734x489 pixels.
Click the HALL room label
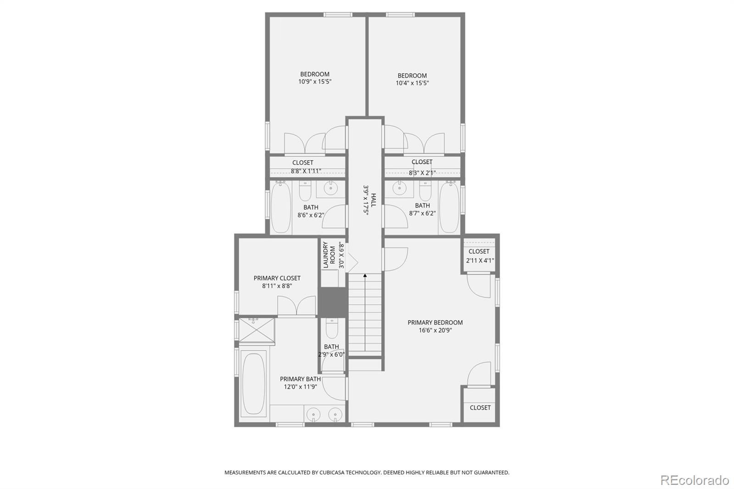click(x=373, y=200)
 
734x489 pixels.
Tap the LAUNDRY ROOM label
click(x=329, y=255)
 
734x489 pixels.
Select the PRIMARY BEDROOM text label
click(x=435, y=322)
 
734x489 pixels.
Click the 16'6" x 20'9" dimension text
click(x=435, y=330)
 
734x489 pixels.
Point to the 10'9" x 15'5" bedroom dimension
click(x=315, y=82)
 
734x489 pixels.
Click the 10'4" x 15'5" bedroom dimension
click(x=412, y=83)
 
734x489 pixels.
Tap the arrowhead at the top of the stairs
click(x=365, y=276)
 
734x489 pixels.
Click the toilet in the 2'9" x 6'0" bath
click(x=332, y=328)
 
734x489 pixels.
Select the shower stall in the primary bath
click(x=256, y=330)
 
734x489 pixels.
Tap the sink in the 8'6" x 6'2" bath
click(x=330, y=188)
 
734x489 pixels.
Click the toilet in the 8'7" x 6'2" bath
click(x=425, y=191)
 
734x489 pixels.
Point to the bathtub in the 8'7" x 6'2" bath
click(x=449, y=207)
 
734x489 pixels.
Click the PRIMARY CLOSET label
click(x=277, y=278)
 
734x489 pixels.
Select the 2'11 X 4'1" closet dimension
click(x=480, y=261)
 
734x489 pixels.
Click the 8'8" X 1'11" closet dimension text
click(x=306, y=171)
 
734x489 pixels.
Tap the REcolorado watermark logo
click(x=695, y=480)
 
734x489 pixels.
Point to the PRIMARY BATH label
click(x=300, y=379)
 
